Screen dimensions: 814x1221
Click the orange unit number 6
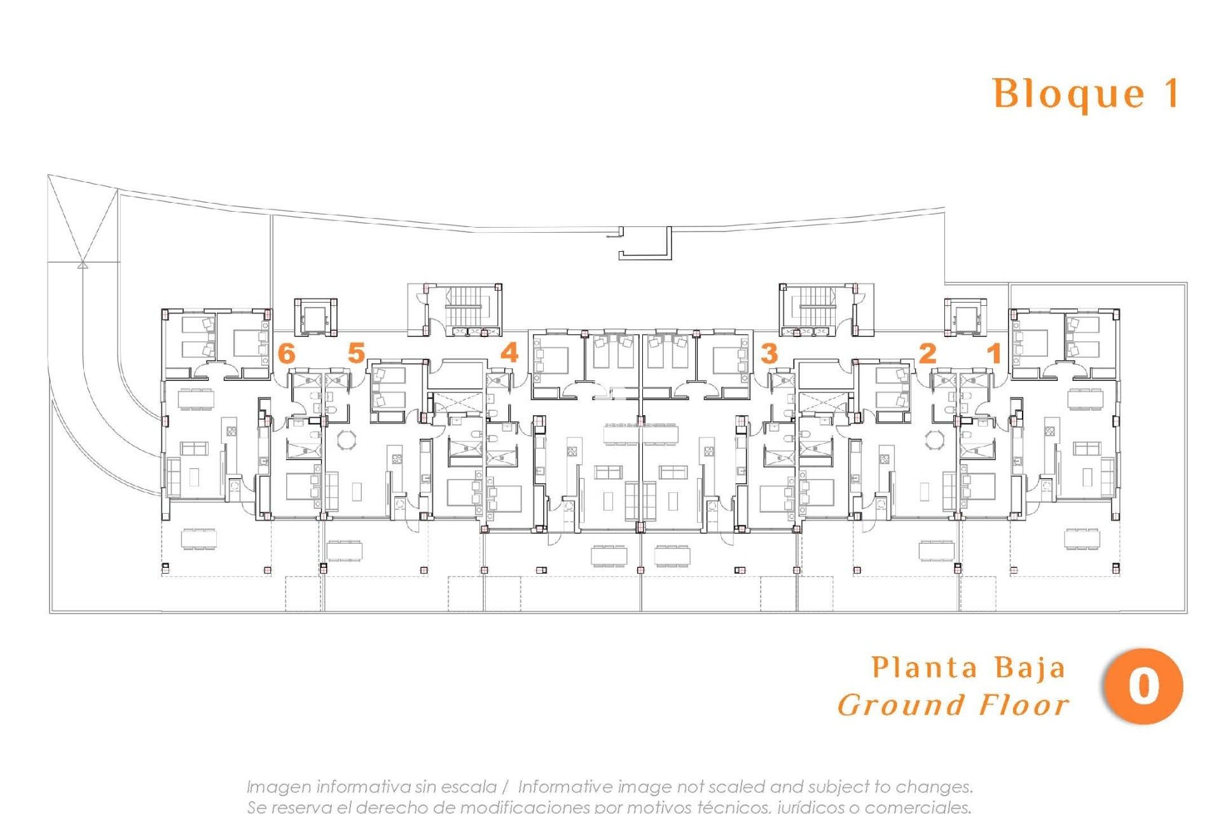[x=287, y=353]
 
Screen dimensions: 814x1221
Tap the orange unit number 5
[x=356, y=353]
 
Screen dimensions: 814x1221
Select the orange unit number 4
[x=509, y=352]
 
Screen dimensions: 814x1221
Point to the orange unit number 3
[x=769, y=354]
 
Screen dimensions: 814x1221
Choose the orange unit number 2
[x=928, y=353]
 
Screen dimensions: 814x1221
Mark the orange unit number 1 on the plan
[x=994, y=353]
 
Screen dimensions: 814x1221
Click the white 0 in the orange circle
[x=1143, y=687]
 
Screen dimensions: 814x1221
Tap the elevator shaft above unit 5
[x=315, y=316]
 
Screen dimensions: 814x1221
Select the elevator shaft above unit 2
[x=965, y=316]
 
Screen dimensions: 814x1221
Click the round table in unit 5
[x=347, y=439]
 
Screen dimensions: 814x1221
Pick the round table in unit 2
[x=935, y=439]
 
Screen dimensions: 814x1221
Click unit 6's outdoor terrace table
[x=198, y=539]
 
